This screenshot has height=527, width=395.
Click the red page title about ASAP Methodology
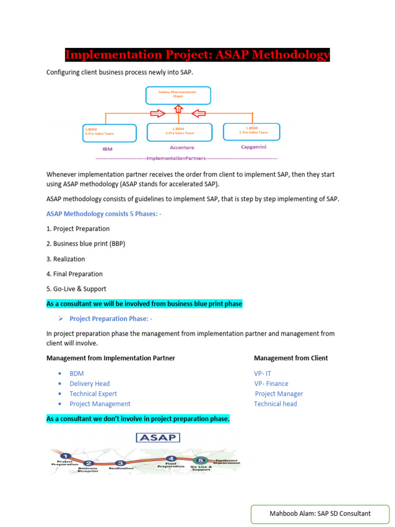click(x=197, y=55)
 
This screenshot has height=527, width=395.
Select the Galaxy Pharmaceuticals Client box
click(x=177, y=95)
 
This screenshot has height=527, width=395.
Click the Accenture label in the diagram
click(x=182, y=147)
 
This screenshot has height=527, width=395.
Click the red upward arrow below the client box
click(x=178, y=109)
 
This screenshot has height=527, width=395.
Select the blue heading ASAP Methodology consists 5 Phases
click(x=104, y=214)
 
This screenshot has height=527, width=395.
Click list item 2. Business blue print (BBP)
click(x=86, y=243)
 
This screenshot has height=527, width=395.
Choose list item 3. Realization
click(x=66, y=259)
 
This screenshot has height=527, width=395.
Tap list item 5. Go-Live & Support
click(x=76, y=289)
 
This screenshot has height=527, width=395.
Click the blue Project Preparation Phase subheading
click(x=111, y=319)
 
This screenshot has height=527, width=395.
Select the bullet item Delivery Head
click(x=89, y=383)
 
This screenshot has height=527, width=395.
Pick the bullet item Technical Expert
click(x=93, y=394)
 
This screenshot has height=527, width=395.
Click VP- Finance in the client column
click(x=271, y=383)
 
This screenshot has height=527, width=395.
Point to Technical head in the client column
click(x=275, y=404)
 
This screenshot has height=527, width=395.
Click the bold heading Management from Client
click(x=291, y=358)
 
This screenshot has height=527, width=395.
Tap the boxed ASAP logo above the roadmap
click(x=157, y=437)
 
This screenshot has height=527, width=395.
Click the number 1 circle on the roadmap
click(x=65, y=455)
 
